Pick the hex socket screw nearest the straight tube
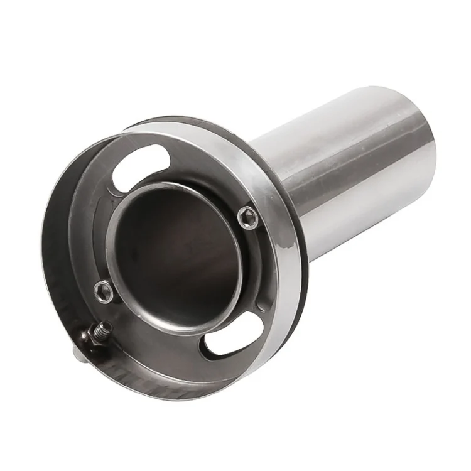point(249,217)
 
